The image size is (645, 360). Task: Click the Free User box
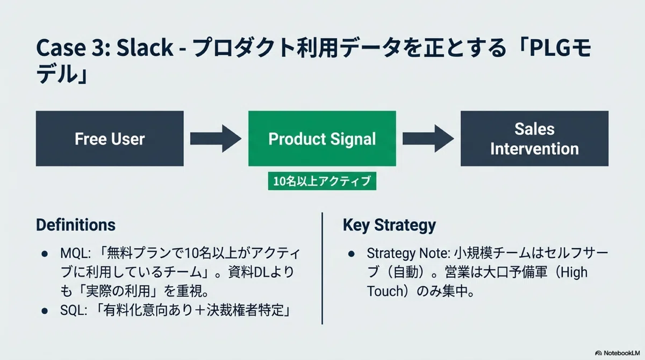[110, 139]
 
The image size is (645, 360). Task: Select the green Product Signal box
[322, 139]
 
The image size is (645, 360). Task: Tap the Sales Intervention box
[534, 139]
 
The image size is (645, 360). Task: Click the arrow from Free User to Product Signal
[216, 139]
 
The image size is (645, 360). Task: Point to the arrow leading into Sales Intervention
[428, 139]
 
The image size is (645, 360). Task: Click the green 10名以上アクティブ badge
[322, 181]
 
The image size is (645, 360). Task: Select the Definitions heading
[76, 225]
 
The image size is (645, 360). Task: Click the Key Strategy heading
[389, 225]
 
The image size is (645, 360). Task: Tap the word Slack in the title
[145, 47]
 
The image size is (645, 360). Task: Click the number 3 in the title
[99, 47]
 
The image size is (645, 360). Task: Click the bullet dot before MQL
[45, 254]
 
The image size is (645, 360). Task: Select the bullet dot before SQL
[45, 311]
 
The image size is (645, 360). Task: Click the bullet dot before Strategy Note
[352, 254]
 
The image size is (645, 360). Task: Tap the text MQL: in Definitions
[75, 253]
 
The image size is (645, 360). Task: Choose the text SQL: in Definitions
[74, 311]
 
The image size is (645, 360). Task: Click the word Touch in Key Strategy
[385, 291]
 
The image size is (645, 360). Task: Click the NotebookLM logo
[617, 353]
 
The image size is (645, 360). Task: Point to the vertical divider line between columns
[322, 268]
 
